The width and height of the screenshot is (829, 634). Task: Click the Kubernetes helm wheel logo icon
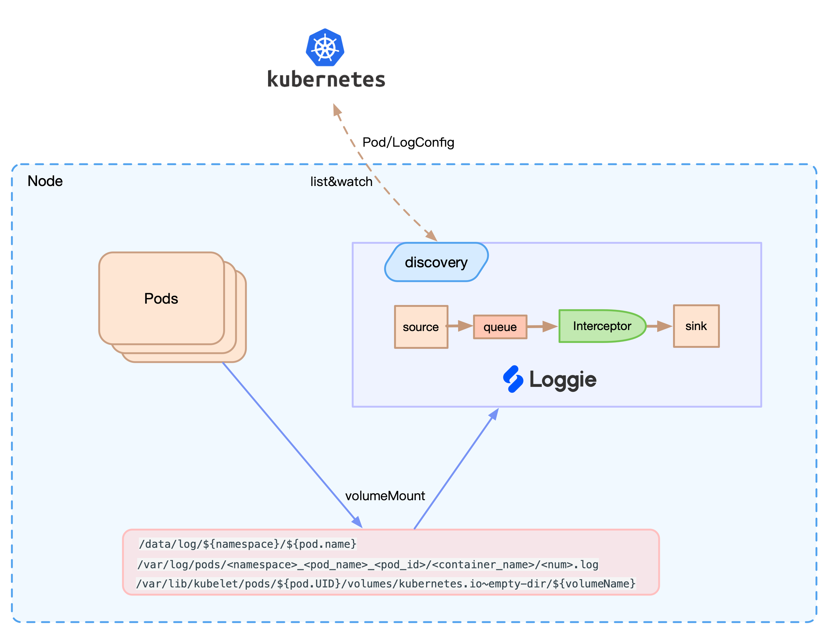pos(325,48)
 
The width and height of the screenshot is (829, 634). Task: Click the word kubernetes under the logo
pos(326,79)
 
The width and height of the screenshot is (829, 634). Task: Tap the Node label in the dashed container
pos(45,181)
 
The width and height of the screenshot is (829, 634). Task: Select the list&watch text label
pos(341,181)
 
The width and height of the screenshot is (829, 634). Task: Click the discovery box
pos(436,262)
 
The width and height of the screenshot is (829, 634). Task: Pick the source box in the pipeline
pos(420,327)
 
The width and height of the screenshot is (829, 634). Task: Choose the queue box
pos(500,327)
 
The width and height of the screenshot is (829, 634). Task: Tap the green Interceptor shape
pos(602,326)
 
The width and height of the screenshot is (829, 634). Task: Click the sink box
pos(696,326)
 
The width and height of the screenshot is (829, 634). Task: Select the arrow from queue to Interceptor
pos(542,326)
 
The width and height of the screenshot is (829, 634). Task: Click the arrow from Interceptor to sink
pos(659,326)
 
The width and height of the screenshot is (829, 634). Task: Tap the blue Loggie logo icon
pos(513,379)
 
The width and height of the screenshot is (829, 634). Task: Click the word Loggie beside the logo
pos(563,380)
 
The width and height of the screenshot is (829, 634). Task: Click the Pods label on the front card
pos(161,299)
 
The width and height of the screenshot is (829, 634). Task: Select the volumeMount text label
pos(385,496)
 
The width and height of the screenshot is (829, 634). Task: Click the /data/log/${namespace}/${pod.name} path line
pos(248,544)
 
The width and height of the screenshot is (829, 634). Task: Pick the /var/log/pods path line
pos(368,565)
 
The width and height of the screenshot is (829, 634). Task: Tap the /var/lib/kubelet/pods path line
pos(385,584)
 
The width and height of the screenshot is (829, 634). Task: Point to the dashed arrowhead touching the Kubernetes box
pos(337,110)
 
